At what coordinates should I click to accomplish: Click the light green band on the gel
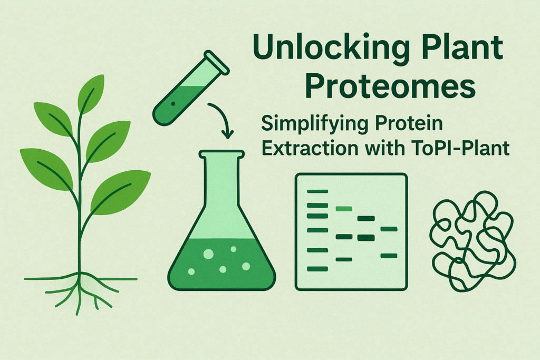point(344,209)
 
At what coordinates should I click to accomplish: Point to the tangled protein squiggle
point(471,240)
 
